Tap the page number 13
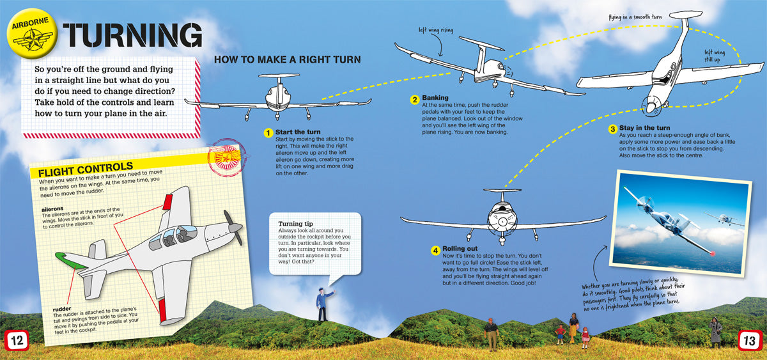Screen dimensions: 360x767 click(x=749, y=341)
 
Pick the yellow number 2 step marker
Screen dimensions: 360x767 click(x=415, y=99)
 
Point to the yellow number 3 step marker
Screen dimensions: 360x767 click(x=612, y=129)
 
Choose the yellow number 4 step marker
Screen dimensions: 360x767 click(x=435, y=249)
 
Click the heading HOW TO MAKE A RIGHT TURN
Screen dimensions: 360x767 click(x=287, y=60)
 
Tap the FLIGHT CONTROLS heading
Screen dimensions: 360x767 click(x=86, y=172)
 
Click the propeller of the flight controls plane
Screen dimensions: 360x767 click(x=233, y=227)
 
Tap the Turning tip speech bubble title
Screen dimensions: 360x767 click(x=295, y=224)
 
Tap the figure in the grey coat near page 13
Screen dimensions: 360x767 click(x=716, y=330)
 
